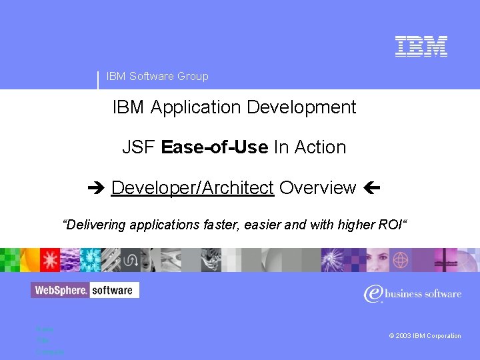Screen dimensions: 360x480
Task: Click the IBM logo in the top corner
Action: coord(421,46)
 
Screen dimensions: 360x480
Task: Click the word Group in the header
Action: coord(193,76)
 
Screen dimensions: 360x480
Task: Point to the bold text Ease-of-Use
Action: coord(215,147)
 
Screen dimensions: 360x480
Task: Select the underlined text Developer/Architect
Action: coord(192,188)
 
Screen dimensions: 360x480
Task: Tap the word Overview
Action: coord(318,188)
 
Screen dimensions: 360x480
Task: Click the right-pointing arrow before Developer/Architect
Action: coord(98,189)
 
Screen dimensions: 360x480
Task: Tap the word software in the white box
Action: coord(113,290)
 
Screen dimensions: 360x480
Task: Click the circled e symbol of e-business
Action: coord(374,293)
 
